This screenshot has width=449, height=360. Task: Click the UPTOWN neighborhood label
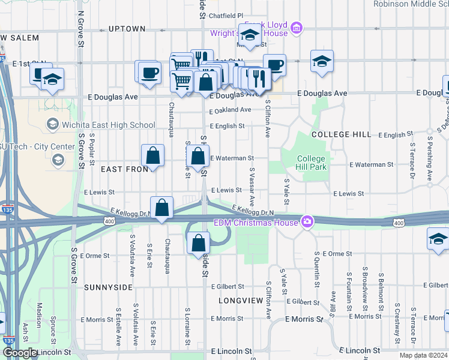point(127,29)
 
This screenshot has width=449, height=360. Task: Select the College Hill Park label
point(312,163)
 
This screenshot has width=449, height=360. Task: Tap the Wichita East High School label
point(109,125)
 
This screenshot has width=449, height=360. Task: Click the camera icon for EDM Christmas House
point(307,223)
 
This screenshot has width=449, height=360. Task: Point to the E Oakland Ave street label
point(231,110)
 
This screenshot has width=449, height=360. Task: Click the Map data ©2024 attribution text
point(424,355)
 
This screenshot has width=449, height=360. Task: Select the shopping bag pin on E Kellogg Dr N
point(161,208)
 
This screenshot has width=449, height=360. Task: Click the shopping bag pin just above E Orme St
point(198,244)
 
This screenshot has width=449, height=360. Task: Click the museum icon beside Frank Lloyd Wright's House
point(295,28)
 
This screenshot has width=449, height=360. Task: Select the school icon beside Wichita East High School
point(52,125)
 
